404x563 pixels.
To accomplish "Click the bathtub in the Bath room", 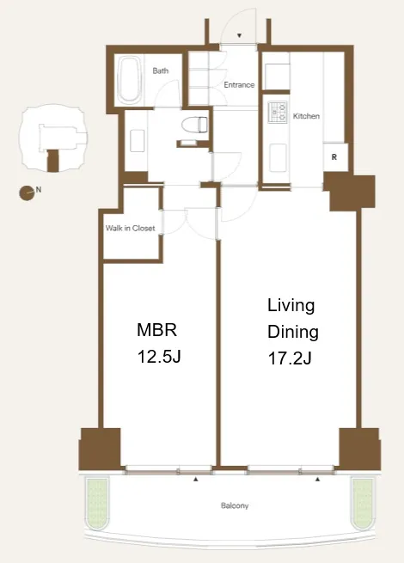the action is tap(129, 79).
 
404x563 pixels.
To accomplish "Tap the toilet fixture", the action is tap(194, 126).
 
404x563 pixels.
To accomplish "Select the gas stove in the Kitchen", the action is tap(278, 111).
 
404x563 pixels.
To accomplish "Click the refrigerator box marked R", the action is tap(334, 157).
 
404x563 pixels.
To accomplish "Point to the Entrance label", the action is tap(239, 85).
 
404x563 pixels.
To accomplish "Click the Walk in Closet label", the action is tap(131, 228).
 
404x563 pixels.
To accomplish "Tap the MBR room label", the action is tap(157, 330).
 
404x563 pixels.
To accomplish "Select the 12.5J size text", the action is tap(159, 357).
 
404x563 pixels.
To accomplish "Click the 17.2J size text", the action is tap(290, 358).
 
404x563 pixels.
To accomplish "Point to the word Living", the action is tap(291, 306).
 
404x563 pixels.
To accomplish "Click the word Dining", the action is tap(293, 332).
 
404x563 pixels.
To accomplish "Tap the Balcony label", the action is tap(235, 505).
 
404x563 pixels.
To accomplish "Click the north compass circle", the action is tap(27, 193).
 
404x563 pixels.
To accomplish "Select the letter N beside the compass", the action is tap(39, 189).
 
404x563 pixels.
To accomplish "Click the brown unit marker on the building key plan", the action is tap(52, 161).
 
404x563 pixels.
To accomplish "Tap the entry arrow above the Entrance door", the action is tap(239, 35).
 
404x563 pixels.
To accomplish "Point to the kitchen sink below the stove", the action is tap(278, 156).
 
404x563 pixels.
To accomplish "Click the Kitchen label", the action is tap(306, 116).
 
